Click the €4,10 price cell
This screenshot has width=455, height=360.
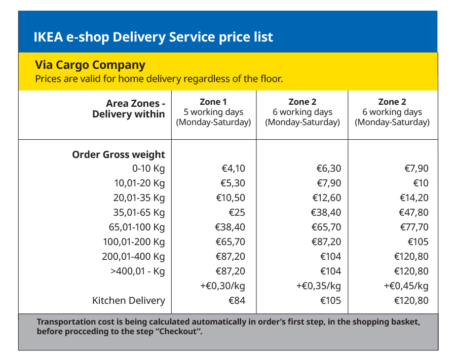pyautogui.click(x=233, y=168)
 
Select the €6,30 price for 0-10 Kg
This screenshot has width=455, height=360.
pyautogui.click(x=328, y=168)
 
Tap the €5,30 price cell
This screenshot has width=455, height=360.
pyautogui.click(x=233, y=183)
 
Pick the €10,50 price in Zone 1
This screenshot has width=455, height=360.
pyautogui.click(x=231, y=198)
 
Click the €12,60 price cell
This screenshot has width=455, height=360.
pyautogui.click(x=326, y=198)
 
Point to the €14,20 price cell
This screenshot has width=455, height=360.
pyautogui.click(x=414, y=198)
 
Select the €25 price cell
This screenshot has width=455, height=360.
pyautogui.click(x=237, y=212)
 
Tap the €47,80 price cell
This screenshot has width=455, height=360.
pyautogui.click(x=413, y=212)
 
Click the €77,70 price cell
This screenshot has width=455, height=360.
pyautogui.click(x=414, y=227)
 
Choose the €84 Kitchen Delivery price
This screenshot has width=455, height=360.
pyautogui.click(x=237, y=301)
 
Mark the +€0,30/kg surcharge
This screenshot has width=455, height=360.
pyautogui.click(x=222, y=286)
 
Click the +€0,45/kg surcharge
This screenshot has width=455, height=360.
pyautogui.click(x=406, y=286)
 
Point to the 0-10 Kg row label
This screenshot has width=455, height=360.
pyautogui.click(x=148, y=169)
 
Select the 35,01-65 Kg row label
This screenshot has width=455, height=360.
pyautogui.click(x=139, y=213)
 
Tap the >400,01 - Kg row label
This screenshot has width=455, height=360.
pyautogui.click(x=137, y=271)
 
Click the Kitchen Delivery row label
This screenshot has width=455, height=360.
pyautogui.click(x=129, y=301)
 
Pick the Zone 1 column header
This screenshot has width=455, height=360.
pyautogui.click(x=213, y=102)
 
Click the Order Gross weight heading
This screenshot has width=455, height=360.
pyautogui.click(x=119, y=154)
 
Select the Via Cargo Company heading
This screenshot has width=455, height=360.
pyautogui.click(x=90, y=65)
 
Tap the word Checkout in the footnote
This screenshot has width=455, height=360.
pyautogui.click(x=178, y=331)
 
